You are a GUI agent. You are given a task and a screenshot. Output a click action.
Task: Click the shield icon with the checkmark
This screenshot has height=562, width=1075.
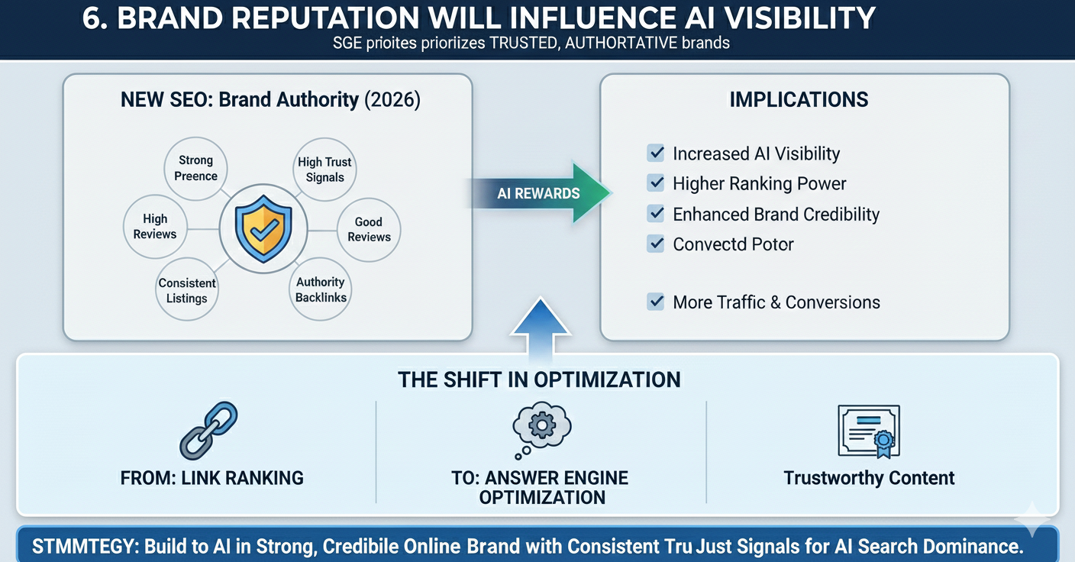pos(263,228)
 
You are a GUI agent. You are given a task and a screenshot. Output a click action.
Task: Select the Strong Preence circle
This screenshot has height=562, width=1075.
pos(195,168)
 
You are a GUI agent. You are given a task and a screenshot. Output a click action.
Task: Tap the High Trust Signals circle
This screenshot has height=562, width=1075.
pos(324,169)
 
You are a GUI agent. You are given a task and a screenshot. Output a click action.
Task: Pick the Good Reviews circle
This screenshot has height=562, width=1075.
pos(369,229)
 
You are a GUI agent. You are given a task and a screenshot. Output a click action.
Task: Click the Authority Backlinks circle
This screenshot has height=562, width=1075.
pos(321,289)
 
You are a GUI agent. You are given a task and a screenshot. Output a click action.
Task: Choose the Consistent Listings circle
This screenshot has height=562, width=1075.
pos(187,290)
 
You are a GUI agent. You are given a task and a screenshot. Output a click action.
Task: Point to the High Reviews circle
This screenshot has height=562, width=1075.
pos(155,227)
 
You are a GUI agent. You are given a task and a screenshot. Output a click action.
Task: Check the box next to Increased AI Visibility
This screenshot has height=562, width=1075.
pos(655,153)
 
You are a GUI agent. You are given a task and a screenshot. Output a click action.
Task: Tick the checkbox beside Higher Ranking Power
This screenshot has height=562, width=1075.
pos(655,183)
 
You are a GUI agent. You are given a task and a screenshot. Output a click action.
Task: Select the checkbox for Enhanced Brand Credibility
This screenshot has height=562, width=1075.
pos(655,214)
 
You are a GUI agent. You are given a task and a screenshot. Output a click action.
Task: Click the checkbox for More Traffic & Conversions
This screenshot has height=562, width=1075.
pos(655,302)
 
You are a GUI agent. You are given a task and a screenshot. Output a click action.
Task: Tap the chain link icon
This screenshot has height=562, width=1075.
pos(208,431)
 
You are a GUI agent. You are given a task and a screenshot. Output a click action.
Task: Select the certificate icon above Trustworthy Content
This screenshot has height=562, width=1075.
pos(869,431)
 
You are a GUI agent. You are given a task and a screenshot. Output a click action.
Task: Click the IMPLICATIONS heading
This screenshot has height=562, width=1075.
pos(799,100)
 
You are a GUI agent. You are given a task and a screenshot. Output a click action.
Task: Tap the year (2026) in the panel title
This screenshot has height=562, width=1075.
pos(392,100)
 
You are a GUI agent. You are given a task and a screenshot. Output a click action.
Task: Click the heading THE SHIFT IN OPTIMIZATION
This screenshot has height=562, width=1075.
pos(539,380)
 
